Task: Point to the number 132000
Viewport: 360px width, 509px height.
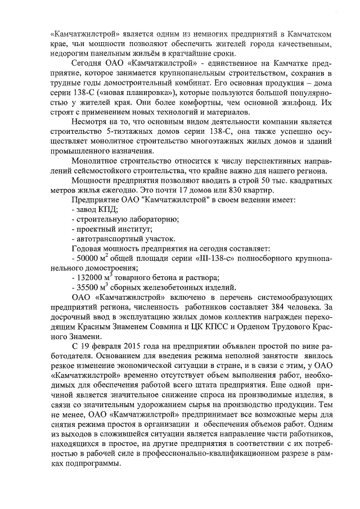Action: click(x=89, y=278)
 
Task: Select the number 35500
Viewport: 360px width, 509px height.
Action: click(x=87, y=289)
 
